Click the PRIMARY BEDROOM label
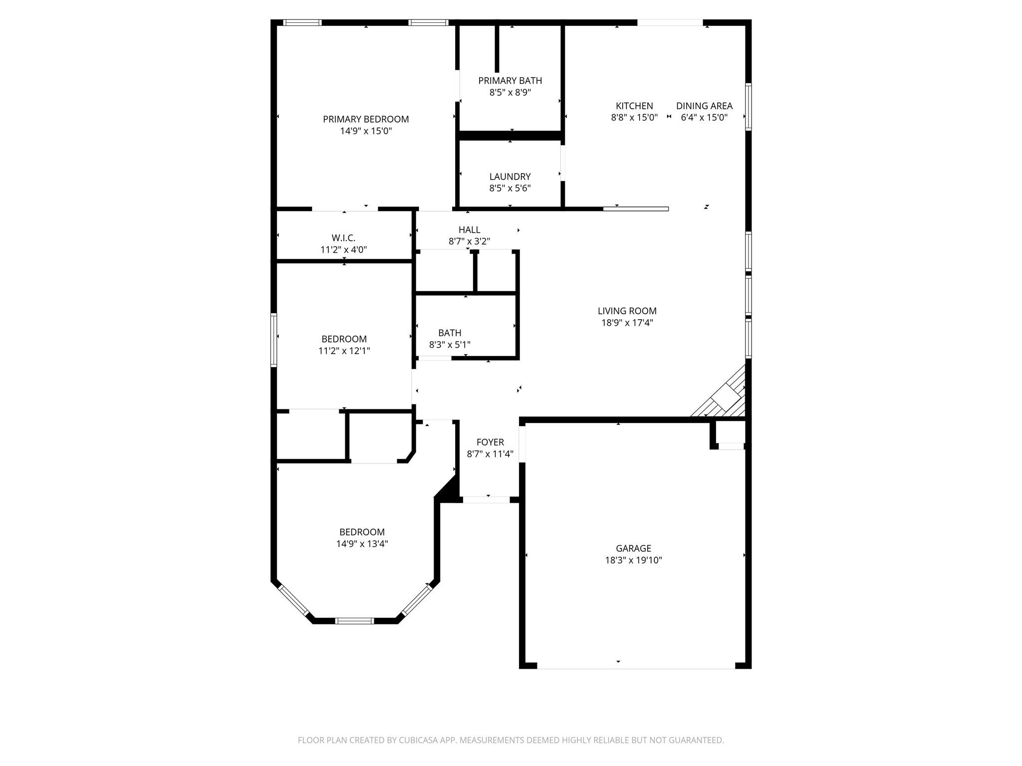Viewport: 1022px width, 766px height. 365,119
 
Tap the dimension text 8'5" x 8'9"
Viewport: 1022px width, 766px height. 510,93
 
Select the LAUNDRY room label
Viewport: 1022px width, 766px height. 510,177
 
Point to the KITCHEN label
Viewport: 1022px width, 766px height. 634,106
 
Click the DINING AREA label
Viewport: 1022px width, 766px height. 704,106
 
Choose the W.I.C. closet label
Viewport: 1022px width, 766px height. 343,238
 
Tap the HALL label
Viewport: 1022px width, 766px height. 469,230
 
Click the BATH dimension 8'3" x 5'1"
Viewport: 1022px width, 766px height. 449,345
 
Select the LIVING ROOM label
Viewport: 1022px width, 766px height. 627,311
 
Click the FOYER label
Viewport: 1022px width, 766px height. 490,442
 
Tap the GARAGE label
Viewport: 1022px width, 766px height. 633,549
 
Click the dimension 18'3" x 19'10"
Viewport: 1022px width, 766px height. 633,561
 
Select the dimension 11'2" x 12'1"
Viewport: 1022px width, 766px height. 344,351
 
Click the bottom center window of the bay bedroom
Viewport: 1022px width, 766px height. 354,621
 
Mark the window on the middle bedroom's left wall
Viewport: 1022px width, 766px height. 273,340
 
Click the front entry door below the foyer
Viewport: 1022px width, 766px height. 486,500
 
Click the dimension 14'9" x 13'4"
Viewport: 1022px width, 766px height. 362,544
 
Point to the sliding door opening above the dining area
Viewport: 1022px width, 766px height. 670,22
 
